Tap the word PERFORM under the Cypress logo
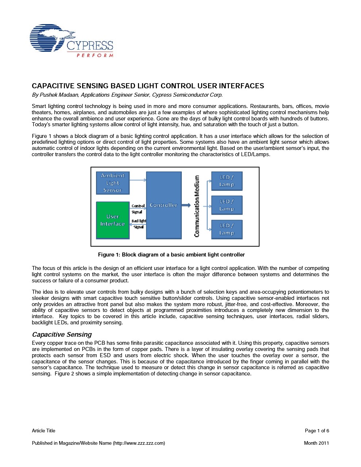pos(95,55)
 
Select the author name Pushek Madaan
pos(58,95)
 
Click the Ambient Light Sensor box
pos(112,183)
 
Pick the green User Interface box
pos(112,220)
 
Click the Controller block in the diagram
pos(164,205)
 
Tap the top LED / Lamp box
pos(227,181)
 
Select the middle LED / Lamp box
pos(227,205)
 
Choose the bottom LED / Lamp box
pos(227,229)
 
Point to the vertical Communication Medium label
pos(197,206)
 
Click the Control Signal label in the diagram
pos(138,209)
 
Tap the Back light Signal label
pos(138,224)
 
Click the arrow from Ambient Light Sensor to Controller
pos(138,180)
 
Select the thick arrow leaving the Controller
pos(186,205)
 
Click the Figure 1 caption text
pos(171,255)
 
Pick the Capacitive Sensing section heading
pos(62,335)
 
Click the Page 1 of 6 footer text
pos(317,431)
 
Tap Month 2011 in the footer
pos(316,443)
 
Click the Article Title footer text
pos(43,431)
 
